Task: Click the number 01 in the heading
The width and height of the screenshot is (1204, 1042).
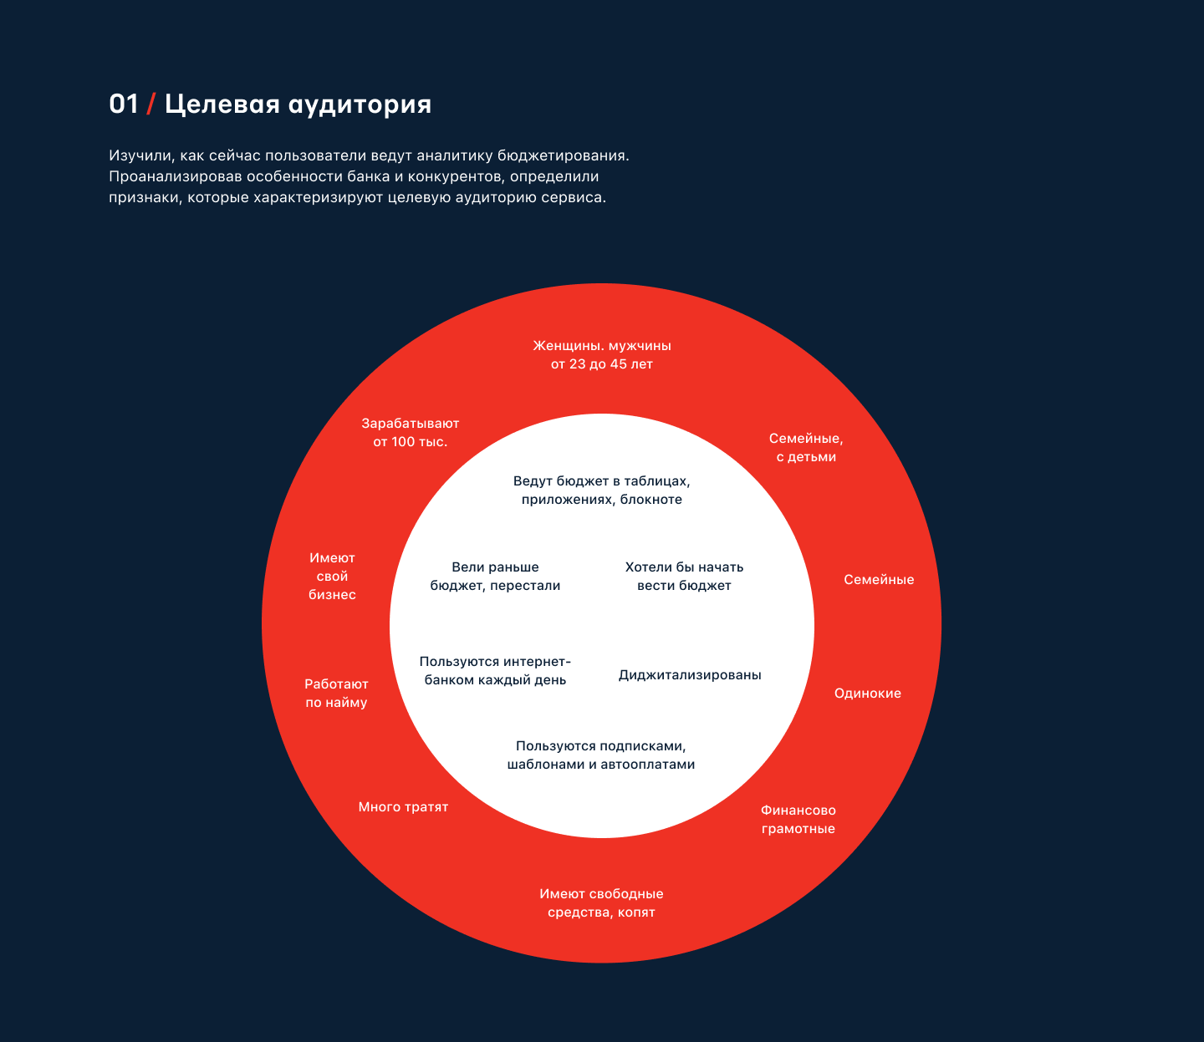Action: (x=124, y=104)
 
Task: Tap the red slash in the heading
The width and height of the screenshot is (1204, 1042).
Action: (x=151, y=104)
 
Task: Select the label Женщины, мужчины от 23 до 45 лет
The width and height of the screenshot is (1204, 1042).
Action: (x=602, y=355)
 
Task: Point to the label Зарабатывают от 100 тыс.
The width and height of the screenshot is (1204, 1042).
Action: (x=411, y=433)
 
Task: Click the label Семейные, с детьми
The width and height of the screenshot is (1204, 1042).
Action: (x=806, y=448)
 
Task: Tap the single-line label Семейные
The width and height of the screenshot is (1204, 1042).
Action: (x=879, y=580)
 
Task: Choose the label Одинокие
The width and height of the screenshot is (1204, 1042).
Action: (x=868, y=694)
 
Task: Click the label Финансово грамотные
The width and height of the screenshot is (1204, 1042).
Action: (x=798, y=820)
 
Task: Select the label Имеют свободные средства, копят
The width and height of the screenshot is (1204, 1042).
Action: (x=601, y=903)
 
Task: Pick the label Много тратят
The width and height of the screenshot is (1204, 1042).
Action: (x=403, y=807)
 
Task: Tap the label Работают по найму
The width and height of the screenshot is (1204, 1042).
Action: (x=336, y=694)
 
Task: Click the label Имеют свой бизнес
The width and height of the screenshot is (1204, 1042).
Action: (x=332, y=577)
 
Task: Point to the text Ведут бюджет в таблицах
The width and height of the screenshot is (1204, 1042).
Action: (x=602, y=491)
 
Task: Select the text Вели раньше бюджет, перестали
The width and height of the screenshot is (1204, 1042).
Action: (x=495, y=577)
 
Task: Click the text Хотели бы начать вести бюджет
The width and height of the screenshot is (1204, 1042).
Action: (x=684, y=577)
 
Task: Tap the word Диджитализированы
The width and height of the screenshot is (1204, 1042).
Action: (x=690, y=675)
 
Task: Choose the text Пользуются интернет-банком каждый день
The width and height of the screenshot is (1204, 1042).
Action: (x=495, y=671)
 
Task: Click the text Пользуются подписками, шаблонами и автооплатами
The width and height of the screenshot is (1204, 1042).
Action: (x=601, y=755)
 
